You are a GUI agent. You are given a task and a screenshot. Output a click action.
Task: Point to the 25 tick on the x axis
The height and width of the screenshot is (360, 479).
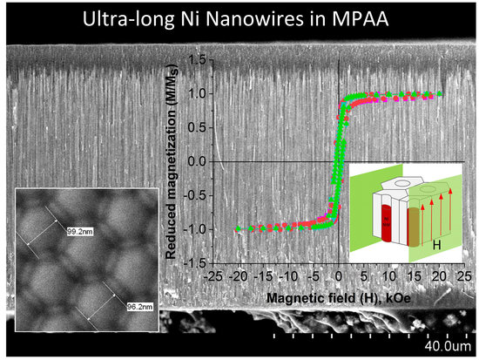tap(467, 275)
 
